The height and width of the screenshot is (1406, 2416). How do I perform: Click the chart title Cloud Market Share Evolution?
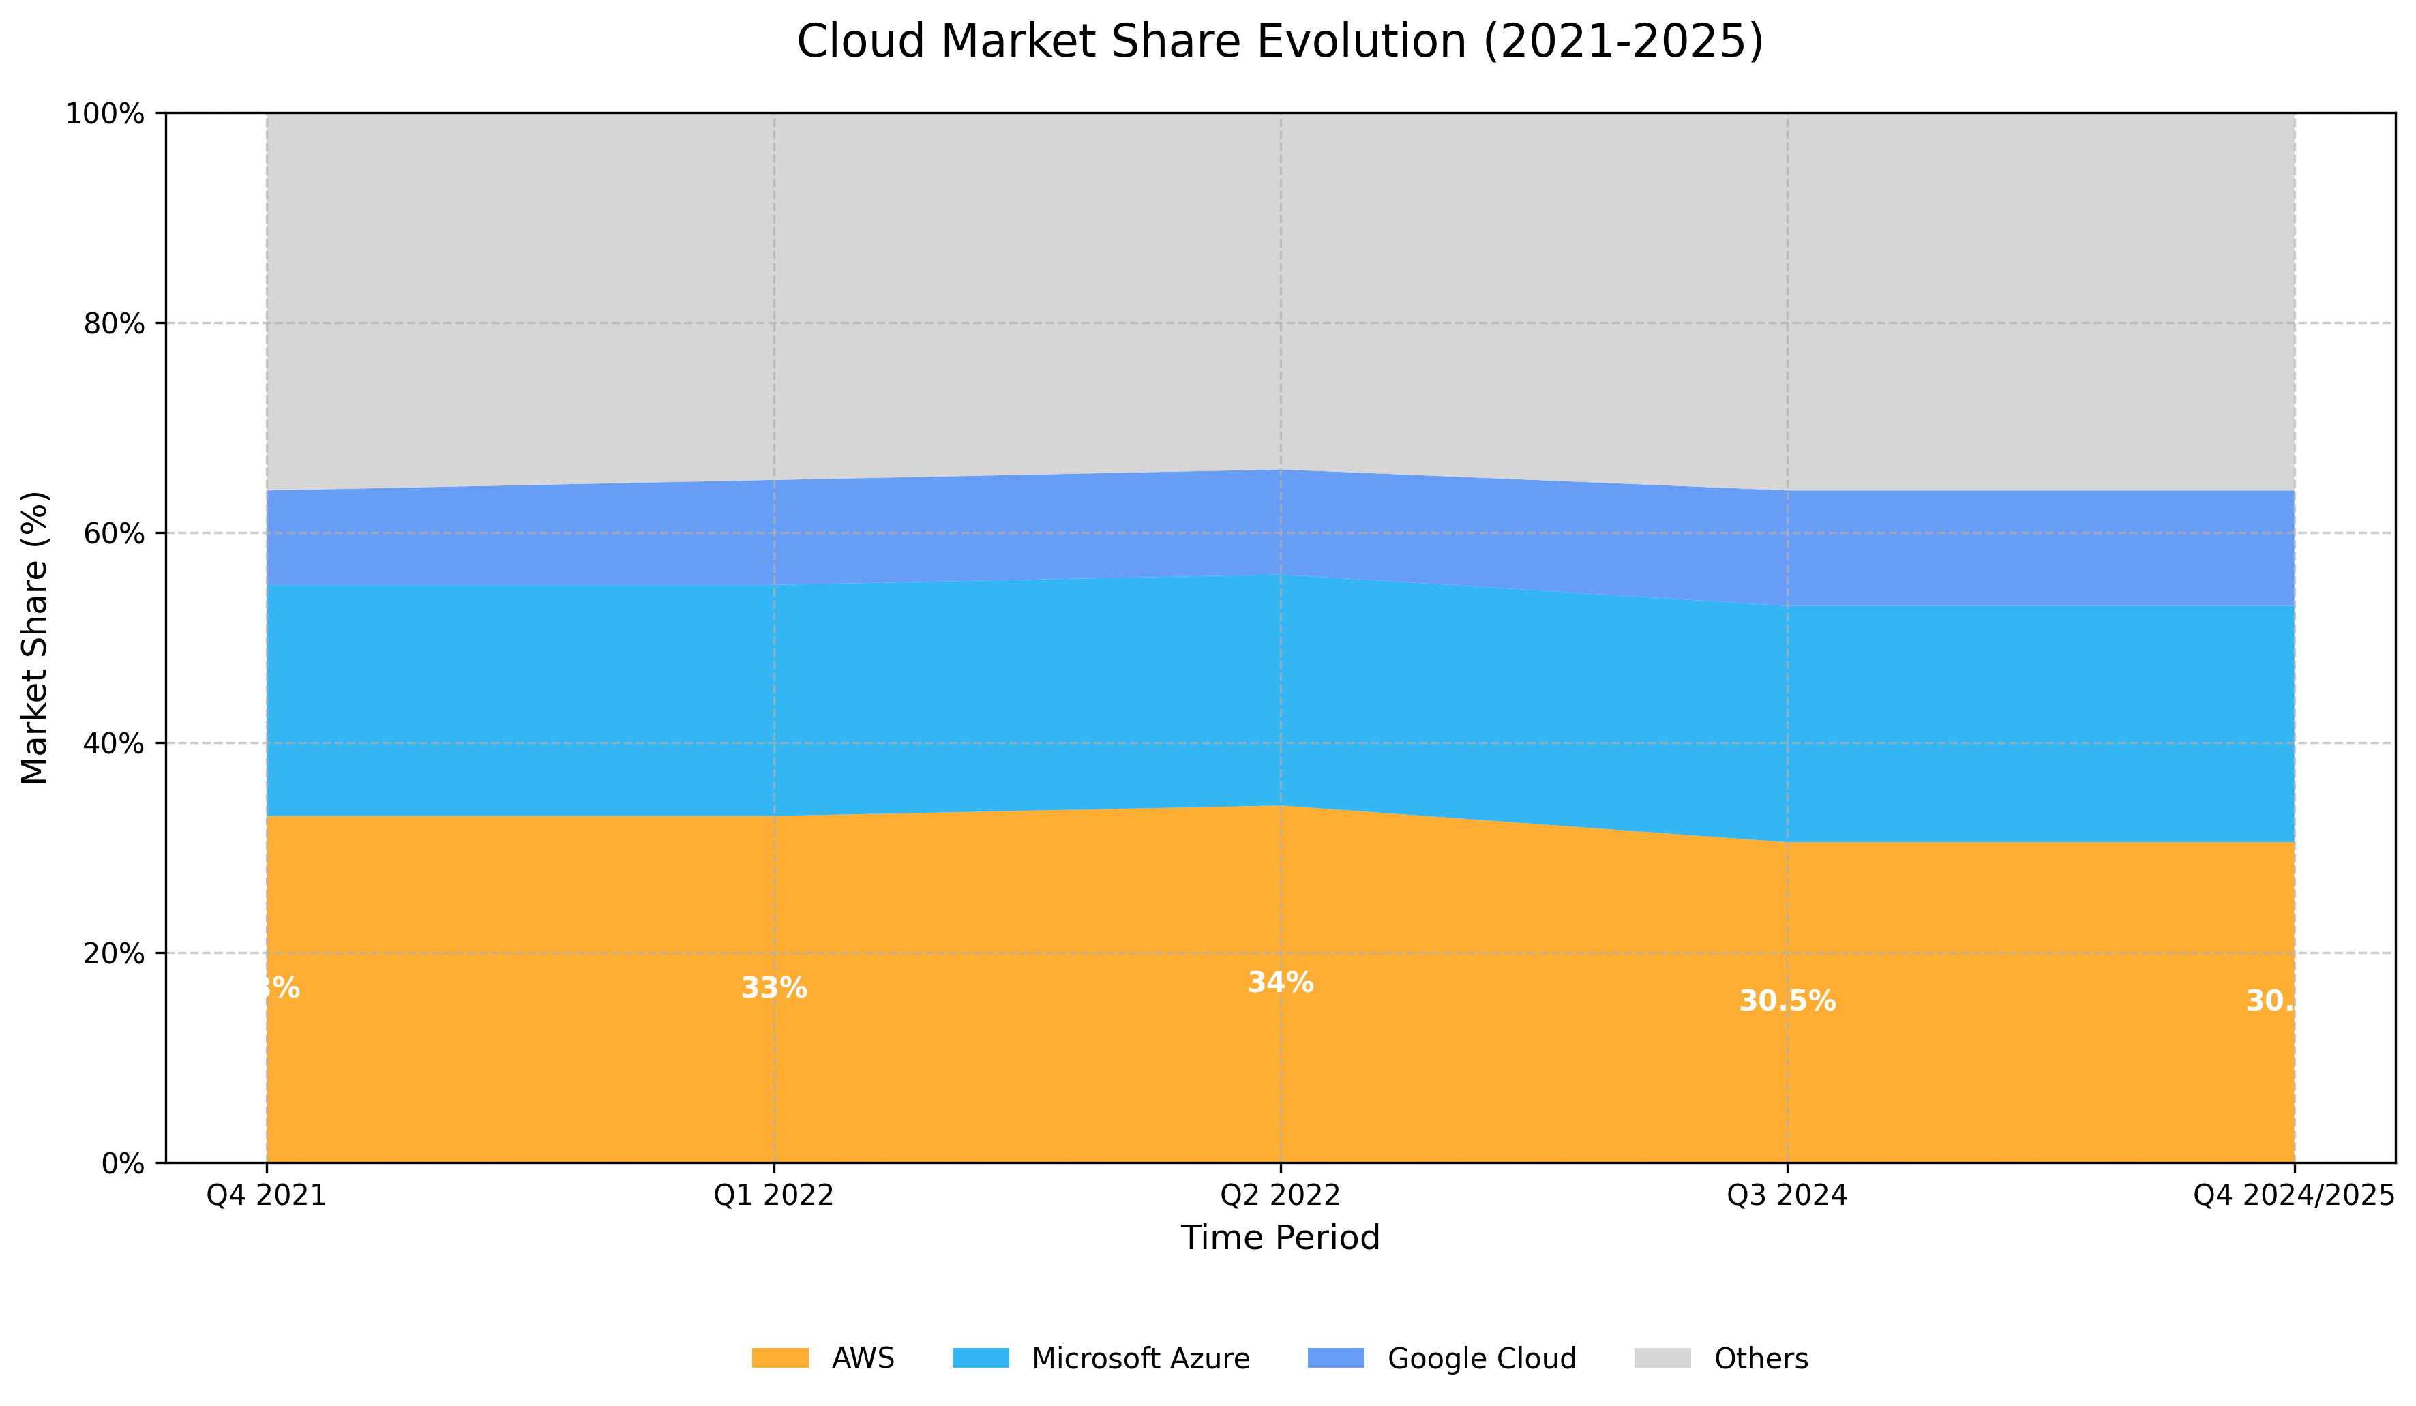[1280, 42]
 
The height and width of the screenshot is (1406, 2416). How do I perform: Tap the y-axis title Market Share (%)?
[35, 638]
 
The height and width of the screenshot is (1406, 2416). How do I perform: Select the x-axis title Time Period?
[1280, 1238]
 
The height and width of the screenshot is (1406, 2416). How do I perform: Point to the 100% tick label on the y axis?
[104, 114]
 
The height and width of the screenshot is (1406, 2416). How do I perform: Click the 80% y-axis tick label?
[114, 324]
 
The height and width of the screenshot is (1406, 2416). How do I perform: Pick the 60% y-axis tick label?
[114, 534]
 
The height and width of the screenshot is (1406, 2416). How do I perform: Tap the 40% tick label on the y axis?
[114, 744]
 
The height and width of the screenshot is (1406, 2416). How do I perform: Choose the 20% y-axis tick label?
[114, 954]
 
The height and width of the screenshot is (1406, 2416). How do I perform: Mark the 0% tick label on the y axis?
[123, 1163]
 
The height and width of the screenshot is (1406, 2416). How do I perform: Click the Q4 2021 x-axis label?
[267, 1195]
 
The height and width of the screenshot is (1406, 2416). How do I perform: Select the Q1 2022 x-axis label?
[774, 1195]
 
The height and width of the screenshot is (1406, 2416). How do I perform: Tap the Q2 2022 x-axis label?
[1280, 1195]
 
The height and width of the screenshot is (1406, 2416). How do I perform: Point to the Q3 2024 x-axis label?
[1787, 1195]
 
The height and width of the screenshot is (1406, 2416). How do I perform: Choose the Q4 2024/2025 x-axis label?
[2293, 1195]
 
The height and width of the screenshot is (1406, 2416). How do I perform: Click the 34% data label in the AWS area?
[1280, 983]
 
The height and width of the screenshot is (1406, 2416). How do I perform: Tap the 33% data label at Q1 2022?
[774, 988]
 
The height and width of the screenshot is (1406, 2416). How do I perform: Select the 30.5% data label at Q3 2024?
[1787, 1002]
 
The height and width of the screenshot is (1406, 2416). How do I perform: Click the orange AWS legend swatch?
[779, 1358]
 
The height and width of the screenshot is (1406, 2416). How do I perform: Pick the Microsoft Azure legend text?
[1140, 1359]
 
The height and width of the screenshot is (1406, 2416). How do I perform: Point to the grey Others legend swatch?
[1662, 1358]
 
